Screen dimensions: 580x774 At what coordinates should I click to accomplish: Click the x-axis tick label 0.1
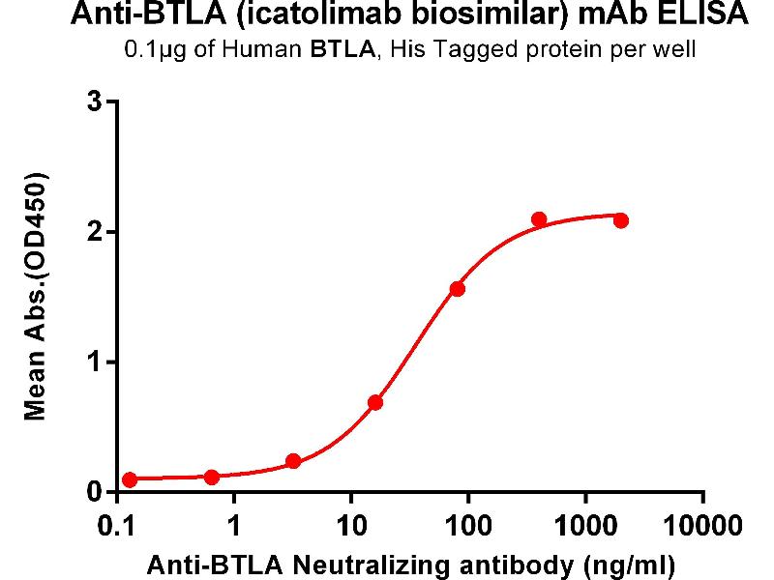[117, 527]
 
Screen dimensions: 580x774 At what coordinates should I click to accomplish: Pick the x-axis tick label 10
[351, 527]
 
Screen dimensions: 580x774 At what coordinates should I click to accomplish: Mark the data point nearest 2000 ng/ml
[621, 220]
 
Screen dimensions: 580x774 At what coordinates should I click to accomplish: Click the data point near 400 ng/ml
[539, 219]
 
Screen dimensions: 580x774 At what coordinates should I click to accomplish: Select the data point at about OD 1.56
[458, 289]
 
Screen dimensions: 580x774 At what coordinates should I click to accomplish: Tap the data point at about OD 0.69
[375, 402]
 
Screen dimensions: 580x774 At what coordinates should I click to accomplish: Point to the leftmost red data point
[130, 479]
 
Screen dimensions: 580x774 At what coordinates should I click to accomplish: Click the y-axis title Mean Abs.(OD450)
[37, 297]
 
